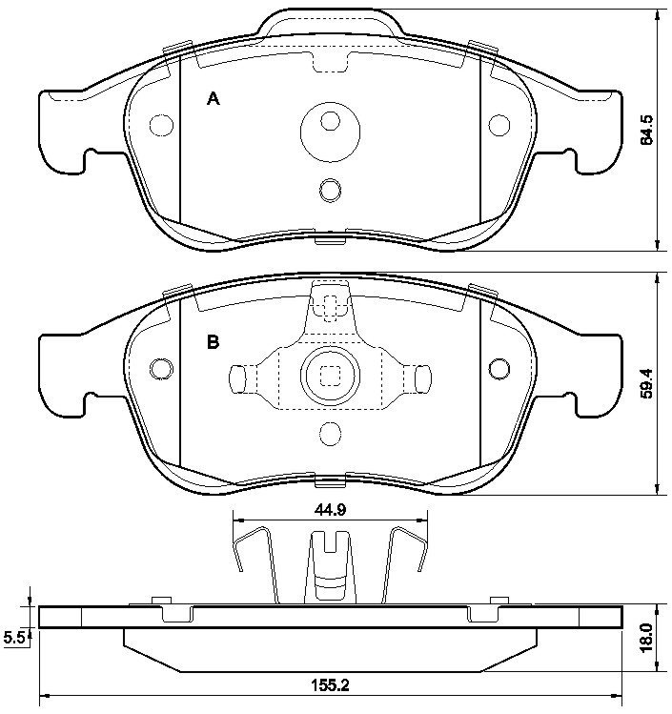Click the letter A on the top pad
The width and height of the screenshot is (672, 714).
coord(214,98)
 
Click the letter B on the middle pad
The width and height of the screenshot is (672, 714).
coord(214,341)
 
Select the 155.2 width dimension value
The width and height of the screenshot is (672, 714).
coord(330,684)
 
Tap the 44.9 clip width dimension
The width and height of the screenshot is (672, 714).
coord(330,510)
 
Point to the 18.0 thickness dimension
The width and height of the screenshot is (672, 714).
coord(646,638)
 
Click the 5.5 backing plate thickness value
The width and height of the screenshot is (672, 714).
coord(14,638)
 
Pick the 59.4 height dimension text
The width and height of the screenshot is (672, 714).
coord(646,383)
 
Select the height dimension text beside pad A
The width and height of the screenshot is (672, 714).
coord(646,130)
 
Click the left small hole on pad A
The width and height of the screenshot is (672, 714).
coord(162,125)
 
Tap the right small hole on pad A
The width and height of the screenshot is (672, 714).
coord(499,125)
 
